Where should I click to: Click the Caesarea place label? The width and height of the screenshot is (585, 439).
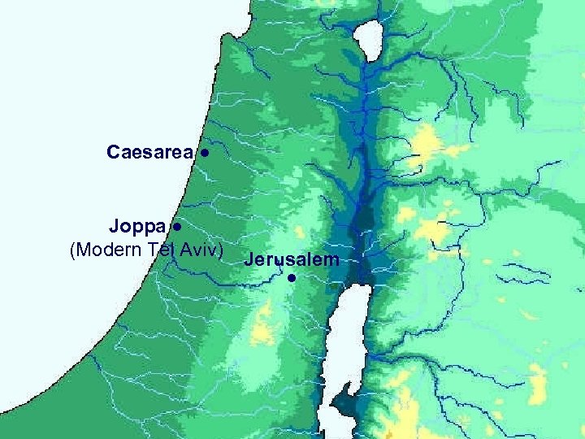click(149, 152)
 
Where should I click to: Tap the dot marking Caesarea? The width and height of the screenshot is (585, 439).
click(207, 152)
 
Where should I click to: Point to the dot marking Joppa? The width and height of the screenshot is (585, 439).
click(176, 225)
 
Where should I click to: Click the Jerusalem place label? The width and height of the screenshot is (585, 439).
click(290, 260)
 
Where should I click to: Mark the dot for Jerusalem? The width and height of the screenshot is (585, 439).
click(291, 279)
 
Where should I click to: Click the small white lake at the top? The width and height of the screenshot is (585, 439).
click(372, 37)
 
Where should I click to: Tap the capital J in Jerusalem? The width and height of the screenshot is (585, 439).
click(248, 260)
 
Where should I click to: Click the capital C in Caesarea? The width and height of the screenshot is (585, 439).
click(113, 152)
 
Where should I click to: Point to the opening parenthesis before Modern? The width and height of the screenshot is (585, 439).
click(74, 250)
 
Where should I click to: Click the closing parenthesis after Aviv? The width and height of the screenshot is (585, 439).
click(221, 250)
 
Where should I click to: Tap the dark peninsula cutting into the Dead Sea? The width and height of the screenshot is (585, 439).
click(346, 402)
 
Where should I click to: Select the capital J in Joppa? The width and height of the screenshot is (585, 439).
click(115, 224)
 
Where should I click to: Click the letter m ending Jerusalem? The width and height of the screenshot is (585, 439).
click(331, 260)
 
